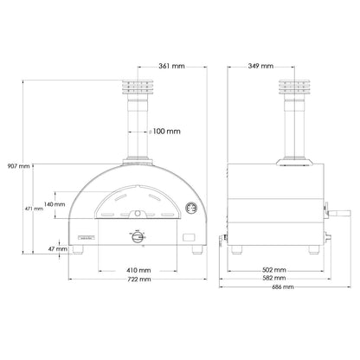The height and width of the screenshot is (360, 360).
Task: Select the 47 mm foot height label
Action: [56, 248]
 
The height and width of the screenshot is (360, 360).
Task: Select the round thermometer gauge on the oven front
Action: [190, 208]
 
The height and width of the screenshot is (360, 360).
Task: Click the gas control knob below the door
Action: [137, 237]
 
